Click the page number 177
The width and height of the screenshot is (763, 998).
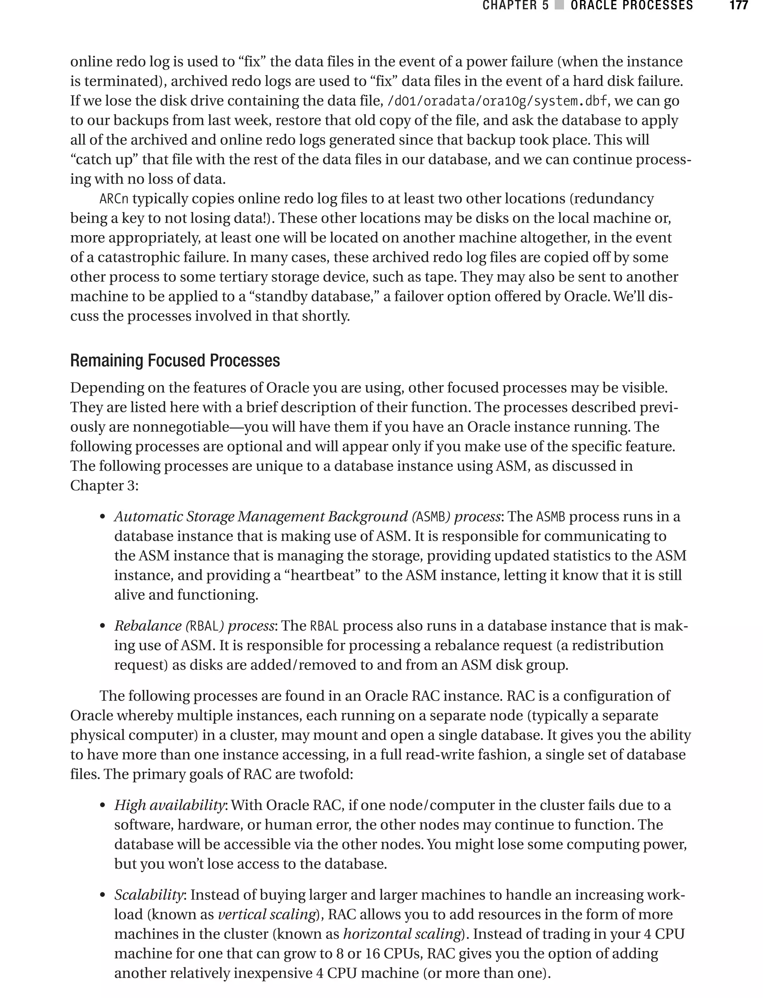[x=738, y=6]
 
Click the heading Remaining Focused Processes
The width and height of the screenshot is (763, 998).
[x=175, y=361]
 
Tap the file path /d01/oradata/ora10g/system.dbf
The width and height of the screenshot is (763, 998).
[x=496, y=101]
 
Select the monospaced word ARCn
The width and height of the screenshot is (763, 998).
[x=114, y=199]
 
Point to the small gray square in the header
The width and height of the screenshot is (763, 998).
[x=560, y=6]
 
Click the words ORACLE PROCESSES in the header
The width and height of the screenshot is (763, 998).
[x=631, y=6]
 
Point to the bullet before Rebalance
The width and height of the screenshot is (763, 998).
[x=103, y=627]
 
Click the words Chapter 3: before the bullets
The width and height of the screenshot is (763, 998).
[x=104, y=486]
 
